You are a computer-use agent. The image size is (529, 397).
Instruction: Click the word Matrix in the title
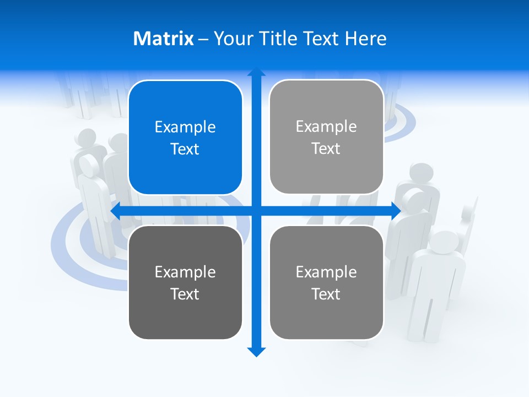[164, 39]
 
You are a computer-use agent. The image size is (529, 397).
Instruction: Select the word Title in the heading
[280, 39]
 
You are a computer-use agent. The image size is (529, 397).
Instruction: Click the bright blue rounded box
[185, 138]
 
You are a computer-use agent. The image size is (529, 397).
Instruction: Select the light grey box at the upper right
[326, 137]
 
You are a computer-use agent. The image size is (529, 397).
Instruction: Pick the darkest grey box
[185, 282]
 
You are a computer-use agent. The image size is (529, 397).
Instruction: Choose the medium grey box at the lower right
[326, 282]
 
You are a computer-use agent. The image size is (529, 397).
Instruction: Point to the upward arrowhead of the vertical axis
[256, 72]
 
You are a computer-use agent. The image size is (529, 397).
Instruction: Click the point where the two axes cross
[256, 211]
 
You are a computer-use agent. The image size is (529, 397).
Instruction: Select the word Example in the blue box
[185, 127]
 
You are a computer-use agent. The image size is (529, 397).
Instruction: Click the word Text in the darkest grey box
[185, 294]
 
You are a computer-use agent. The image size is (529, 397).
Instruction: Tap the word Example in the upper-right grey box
[326, 127]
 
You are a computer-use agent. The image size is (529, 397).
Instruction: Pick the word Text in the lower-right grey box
[326, 294]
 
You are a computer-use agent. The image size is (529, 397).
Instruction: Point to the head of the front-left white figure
[89, 165]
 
